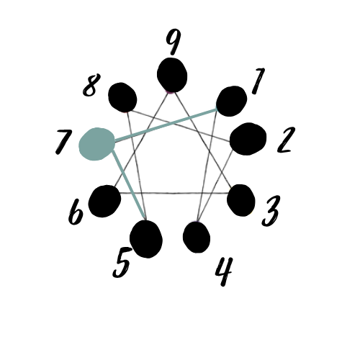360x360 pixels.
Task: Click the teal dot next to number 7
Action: pos(96,144)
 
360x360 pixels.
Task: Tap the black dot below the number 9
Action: pos(172,75)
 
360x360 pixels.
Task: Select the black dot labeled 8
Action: pos(122,97)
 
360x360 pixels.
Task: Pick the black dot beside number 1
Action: pos(231,102)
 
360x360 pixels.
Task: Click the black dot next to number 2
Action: pos(248,139)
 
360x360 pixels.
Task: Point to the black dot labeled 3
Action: pos(241,200)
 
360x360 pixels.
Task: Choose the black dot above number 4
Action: pos(197,237)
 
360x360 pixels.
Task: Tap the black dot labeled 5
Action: pos(146,239)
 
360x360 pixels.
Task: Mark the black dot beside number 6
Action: pos(104,201)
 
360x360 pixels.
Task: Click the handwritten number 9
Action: pos(174,41)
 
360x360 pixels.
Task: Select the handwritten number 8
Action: pos(91,85)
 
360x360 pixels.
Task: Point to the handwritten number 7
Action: pos(63,142)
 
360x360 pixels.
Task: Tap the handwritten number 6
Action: pos(76,212)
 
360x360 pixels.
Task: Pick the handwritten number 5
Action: pos(122,263)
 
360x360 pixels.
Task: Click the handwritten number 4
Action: pos(224,271)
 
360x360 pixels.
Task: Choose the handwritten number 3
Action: pos(271,211)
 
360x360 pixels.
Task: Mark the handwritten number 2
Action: pos(286,140)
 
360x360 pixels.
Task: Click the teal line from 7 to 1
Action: pos(166,125)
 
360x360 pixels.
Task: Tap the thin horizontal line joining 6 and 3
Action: pos(174,193)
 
